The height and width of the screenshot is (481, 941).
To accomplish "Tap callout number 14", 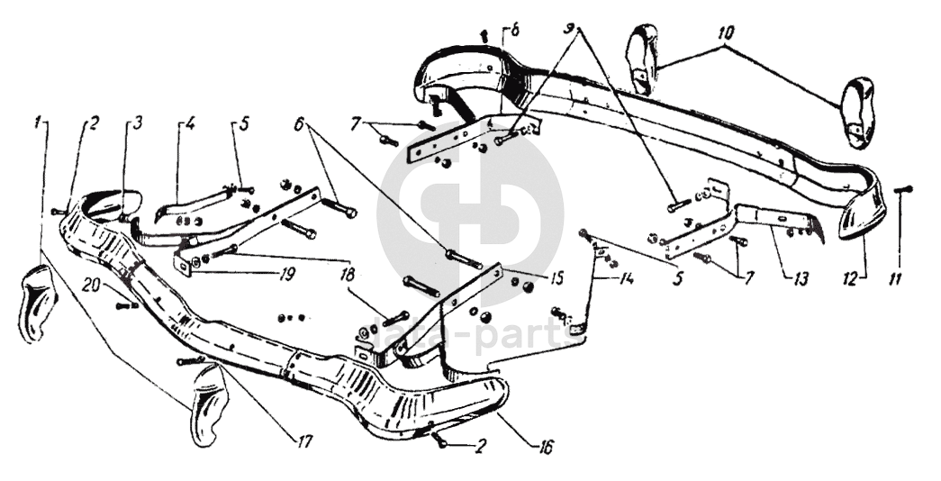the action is (x=627, y=279).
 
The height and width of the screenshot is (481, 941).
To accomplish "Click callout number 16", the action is (x=547, y=445).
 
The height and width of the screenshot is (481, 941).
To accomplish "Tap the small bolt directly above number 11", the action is (x=907, y=188).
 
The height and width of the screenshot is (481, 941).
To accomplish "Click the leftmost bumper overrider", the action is (x=36, y=302).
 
